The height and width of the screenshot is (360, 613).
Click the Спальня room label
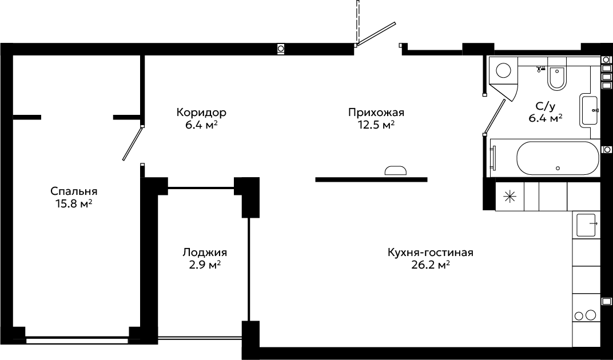click(x=74, y=192)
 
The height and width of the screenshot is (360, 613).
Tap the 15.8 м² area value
click(x=74, y=203)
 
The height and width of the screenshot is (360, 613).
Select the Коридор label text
click(x=201, y=113)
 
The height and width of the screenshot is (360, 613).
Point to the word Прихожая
click(x=376, y=113)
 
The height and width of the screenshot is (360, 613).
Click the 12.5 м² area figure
click(x=376, y=125)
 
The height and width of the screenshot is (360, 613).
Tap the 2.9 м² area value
click(x=205, y=265)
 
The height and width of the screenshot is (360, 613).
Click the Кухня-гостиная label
click(x=431, y=253)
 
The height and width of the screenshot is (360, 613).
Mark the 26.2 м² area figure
click(x=431, y=265)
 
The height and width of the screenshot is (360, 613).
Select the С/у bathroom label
click(x=546, y=106)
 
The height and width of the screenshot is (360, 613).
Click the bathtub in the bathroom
click(x=558, y=158)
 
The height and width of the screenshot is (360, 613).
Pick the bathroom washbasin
click(x=590, y=111)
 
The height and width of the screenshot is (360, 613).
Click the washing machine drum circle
click(x=503, y=70)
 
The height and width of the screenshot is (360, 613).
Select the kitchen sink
click(x=586, y=225)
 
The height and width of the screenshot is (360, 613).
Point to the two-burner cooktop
click(x=586, y=315)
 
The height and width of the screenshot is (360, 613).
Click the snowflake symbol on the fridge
click(x=509, y=197)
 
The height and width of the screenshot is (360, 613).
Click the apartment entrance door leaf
click(x=376, y=34)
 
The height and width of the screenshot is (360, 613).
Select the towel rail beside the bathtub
click(x=493, y=158)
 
